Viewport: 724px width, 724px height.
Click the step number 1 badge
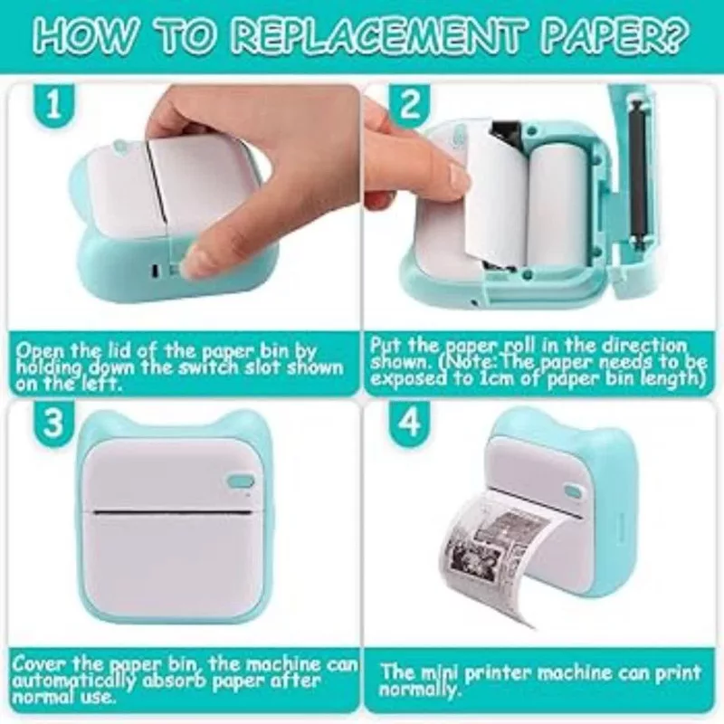tap(53, 105)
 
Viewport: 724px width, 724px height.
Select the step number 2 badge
tap(409, 105)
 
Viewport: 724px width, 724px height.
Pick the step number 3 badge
tap(53, 422)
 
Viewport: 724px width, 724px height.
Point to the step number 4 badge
tap(409, 422)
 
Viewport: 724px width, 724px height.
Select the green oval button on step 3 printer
tap(241, 481)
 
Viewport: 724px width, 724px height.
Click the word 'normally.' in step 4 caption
tap(419, 690)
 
